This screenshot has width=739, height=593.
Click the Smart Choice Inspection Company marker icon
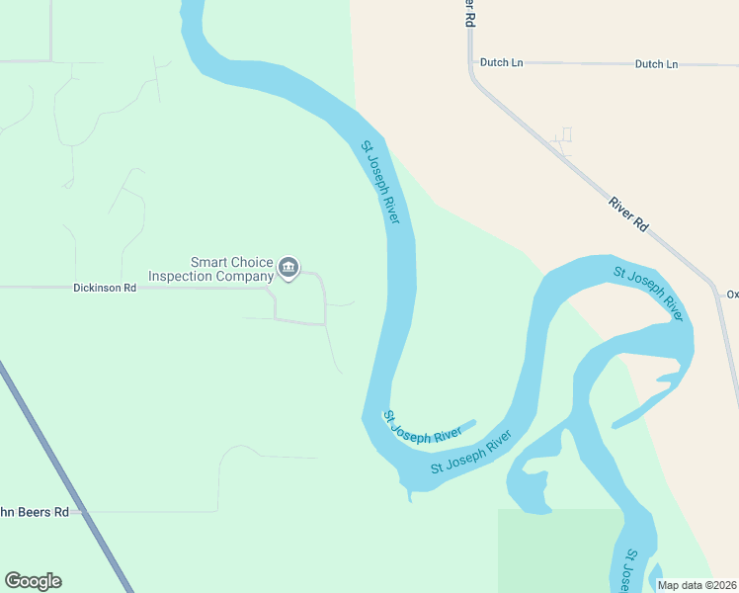[x=288, y=268]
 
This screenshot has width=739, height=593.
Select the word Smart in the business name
[x=208, y=262]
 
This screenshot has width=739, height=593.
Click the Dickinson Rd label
[x=104, y=289]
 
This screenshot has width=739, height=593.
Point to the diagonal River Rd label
[x=628, y=214]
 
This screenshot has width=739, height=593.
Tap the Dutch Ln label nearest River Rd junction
[x=501, y=63]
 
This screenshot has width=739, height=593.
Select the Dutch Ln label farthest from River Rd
[x=656, y=64]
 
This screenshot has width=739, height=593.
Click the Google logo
[x=33, y=581]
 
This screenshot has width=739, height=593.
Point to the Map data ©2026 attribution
[x=697, y=585]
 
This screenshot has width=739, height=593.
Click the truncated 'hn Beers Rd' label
[x=35, y=512]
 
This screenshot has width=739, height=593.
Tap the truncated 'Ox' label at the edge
[x=732, y=294]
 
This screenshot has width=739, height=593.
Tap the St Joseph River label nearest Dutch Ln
[x=380, y=183]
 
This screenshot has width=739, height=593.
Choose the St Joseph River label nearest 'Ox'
[x=648, y=293]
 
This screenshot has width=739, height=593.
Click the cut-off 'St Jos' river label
[x=629, y=571]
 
